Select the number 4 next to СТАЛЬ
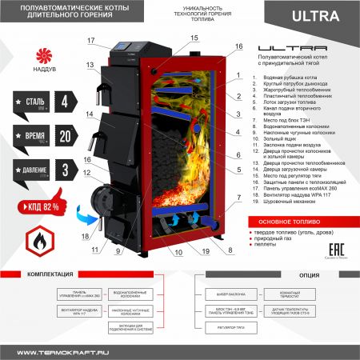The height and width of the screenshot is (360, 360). click(x=66, y=102)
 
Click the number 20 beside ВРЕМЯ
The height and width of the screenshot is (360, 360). click(x=66, y=137)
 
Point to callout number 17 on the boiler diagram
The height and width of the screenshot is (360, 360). click(x=90, y=41)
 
